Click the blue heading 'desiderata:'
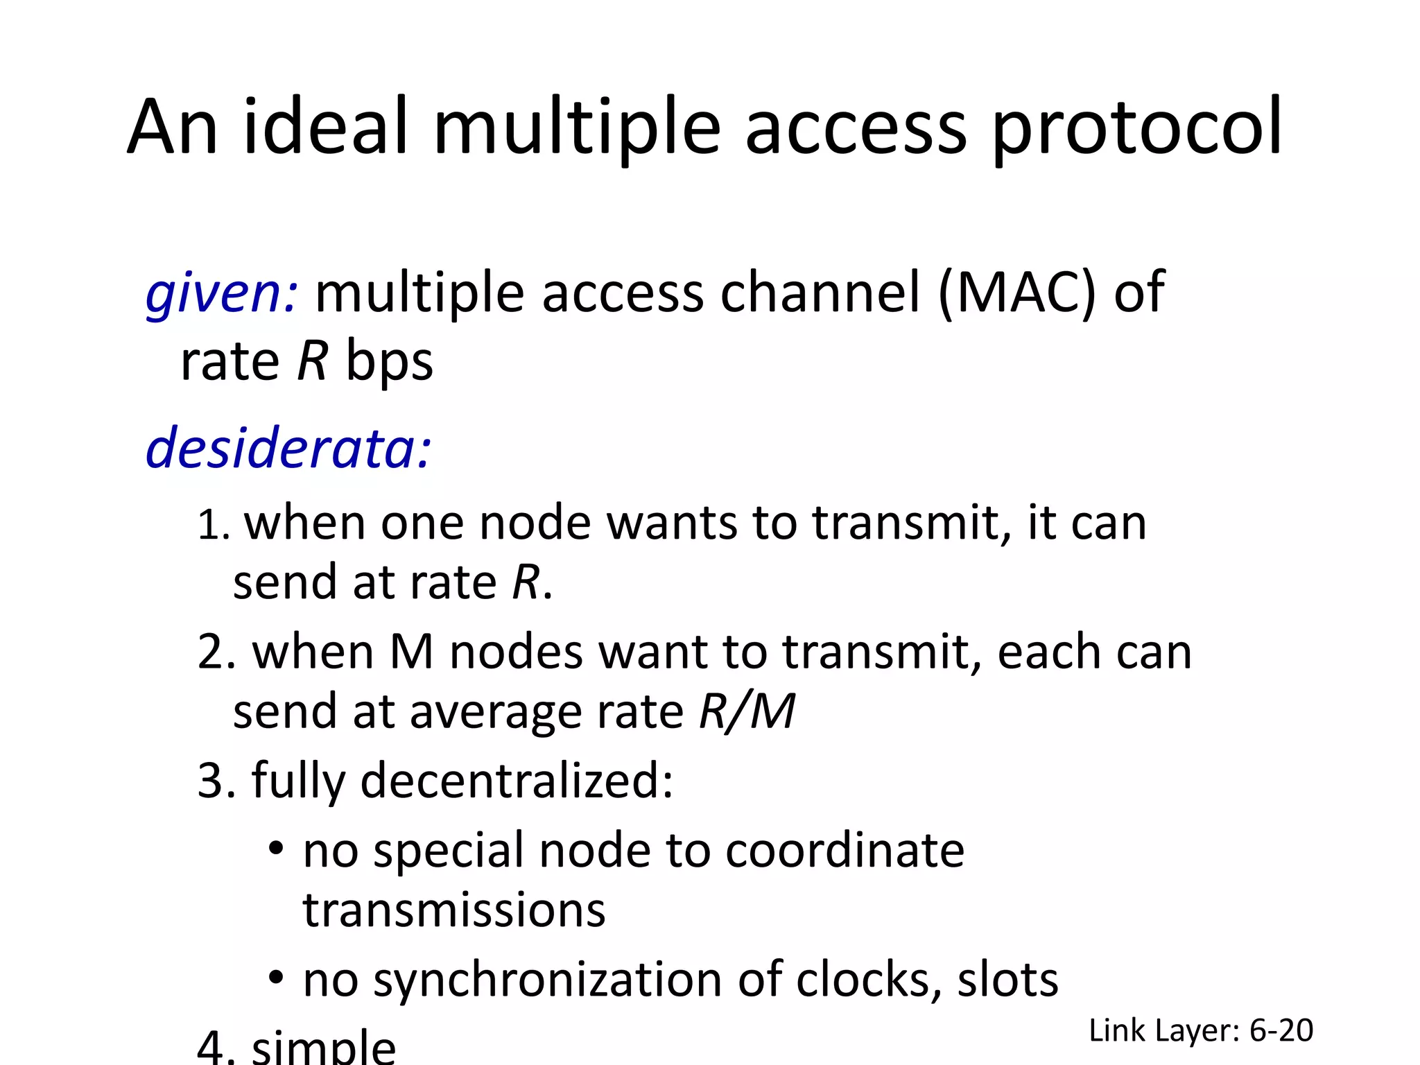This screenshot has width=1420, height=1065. pyautogui.click(x=288, y=449)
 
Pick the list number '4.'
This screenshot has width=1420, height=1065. pyautogui.click(x=216, y=1047)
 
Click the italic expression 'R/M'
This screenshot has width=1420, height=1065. pyautogui.click(x=747, y=711)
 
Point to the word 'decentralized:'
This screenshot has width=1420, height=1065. pyautogui.click(x=517, y=781)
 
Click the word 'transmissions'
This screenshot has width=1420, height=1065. pyautogui.click(x=454, y=910)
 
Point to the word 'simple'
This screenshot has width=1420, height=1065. pyautogui.click(x=324, y=1047)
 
